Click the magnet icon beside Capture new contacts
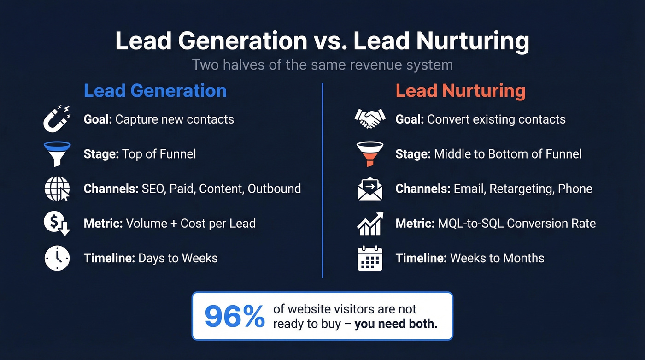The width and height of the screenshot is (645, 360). (x=57, y=119)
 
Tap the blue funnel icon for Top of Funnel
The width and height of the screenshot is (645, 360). (x=57, y=153)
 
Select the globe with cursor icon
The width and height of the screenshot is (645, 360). (x=57, y=189)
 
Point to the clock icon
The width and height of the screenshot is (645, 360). (x=57, y=258)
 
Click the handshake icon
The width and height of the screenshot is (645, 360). (x=369, y=119)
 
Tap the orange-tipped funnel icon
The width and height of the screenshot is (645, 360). (x=369, y=153)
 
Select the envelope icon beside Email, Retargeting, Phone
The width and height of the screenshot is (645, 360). (x=369, y=189)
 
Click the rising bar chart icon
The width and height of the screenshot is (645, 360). (x=369, y=224)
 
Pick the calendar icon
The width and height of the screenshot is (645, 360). (x=369, y=258)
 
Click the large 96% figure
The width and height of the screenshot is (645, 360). (x=234, y=316)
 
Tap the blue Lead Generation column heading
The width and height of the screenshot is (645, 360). (x=155, y=91)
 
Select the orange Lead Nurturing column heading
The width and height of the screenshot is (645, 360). (x=460, y=91)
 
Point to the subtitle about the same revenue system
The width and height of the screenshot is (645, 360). (x=322, y=65)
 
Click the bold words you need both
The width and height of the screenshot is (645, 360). (x=396, y=323)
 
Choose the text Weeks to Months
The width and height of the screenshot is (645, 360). (x=497, y=258)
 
